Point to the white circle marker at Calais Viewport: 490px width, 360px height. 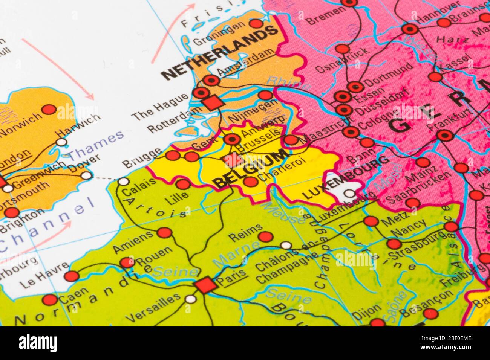pyautogui.click(x=123, y=182)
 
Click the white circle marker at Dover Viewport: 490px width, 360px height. pyautogui.click(x=87, y=175)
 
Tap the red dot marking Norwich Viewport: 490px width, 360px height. pyautogui.click(x=49, y=110)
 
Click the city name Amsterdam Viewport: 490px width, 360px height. pyautogui.click(x=245, y=63)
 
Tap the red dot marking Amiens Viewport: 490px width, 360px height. pyautogui.click(x=164, y=233)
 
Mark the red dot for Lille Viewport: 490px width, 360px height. pyautogui.click(x=183, y=184)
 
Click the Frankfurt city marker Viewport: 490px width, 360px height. pyautogui.click(x=445, y=134)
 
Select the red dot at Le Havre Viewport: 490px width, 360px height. pyautogui.click(x=71, y=276)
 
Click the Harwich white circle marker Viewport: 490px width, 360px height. pyautogui.click(x=61, y=142)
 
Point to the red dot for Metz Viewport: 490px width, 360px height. pyautogui.click(x=371, y=221)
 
